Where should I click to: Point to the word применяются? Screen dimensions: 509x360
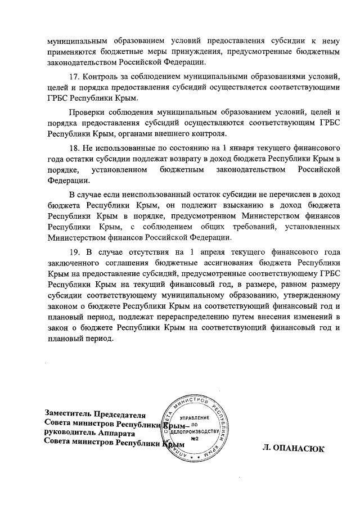(x=66, y=52)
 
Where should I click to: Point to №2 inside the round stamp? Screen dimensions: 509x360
(x=196, y=438)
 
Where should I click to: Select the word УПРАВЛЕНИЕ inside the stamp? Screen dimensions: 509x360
(x=194, y=418)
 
